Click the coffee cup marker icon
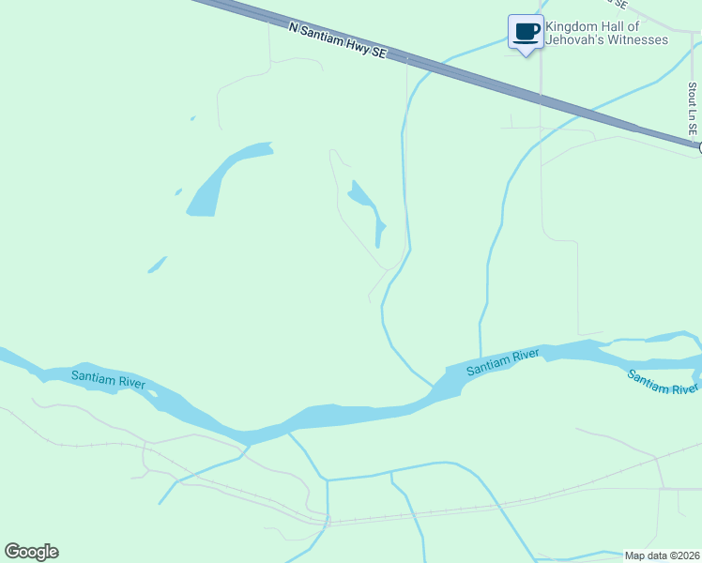click(526, 32)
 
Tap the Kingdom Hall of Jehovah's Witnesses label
click(606, 33)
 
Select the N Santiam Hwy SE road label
click(338, 42)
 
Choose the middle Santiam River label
click(503, 361)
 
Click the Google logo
click(31, 552)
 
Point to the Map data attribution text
click(662, 555)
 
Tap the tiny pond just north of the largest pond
click(192, 118)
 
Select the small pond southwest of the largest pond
click(157, 266)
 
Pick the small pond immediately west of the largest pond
click(178, 191)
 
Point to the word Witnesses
click(636, 39)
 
